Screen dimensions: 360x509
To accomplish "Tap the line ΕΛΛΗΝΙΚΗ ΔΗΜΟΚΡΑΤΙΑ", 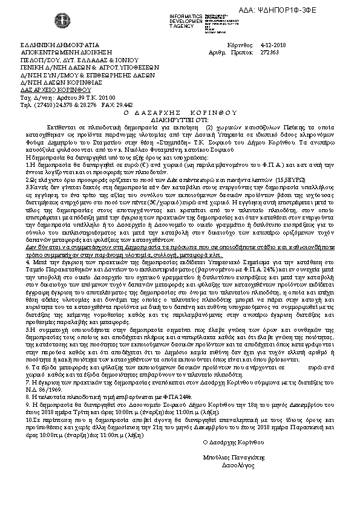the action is pyautogui.click(x=48, y=45).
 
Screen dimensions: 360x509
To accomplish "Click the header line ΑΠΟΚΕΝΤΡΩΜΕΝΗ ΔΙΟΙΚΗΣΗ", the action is pyautogui.click(x=59, y=53).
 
